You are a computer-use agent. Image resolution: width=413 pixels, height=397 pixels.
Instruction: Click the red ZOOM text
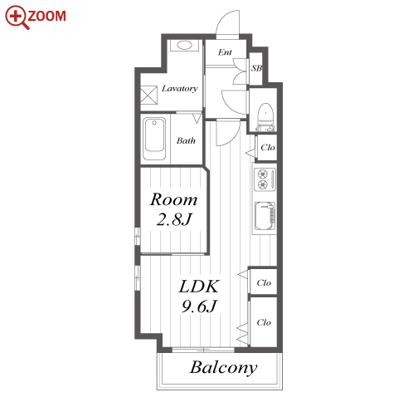pyautogui.click(x=46, y=16)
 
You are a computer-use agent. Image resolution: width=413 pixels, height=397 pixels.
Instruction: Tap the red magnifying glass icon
pyautogui.click(x=17, y=17)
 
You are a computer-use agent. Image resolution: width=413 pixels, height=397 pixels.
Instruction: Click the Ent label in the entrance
pyautogui.click(x=225, y=52)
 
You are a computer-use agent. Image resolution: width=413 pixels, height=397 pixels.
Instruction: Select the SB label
pyautogui.click(x=256, y=68)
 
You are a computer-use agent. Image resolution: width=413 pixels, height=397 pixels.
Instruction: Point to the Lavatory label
pyautogui.click(x=180, y=88)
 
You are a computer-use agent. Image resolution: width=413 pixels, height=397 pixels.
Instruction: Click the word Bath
pyautogui.click(x=186, y=140)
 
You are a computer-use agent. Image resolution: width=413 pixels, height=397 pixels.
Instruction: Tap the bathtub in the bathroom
pyautogui.click(x=154, y=139)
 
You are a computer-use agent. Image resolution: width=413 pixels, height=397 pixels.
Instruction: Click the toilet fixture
pyautogui.click(x=265, y=117)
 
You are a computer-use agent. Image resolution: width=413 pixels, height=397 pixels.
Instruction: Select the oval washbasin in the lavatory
pyautogui.click(x=184, y=45)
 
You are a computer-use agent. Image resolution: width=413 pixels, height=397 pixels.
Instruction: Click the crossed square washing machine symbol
pyautogui.click(x=148, y=95)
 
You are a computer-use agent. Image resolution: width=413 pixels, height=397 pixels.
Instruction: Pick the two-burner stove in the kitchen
pyautogui.click(x=265, y=179)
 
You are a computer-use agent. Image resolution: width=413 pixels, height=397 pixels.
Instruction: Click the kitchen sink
pyautogui.click(x=265, y=216)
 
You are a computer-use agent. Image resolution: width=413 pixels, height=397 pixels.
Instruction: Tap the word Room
pyautogui.click(x=174, y=199)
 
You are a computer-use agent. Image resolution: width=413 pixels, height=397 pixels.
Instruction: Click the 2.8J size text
pyautogui.click(x=174, y=219)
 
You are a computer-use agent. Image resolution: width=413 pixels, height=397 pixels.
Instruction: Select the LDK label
pyautogui.click(x=199, y=287)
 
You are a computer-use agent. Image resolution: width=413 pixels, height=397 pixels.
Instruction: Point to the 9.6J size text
pyautogui.click(x=199, y=306)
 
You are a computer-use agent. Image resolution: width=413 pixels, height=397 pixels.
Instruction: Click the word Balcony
pyautogui.click(x=223, y=368)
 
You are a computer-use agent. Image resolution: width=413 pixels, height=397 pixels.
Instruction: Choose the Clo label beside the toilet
pyautogui.click(x=268, y=148)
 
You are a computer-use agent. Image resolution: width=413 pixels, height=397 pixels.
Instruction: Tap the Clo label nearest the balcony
pyautogui.click(x=264, y=322)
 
